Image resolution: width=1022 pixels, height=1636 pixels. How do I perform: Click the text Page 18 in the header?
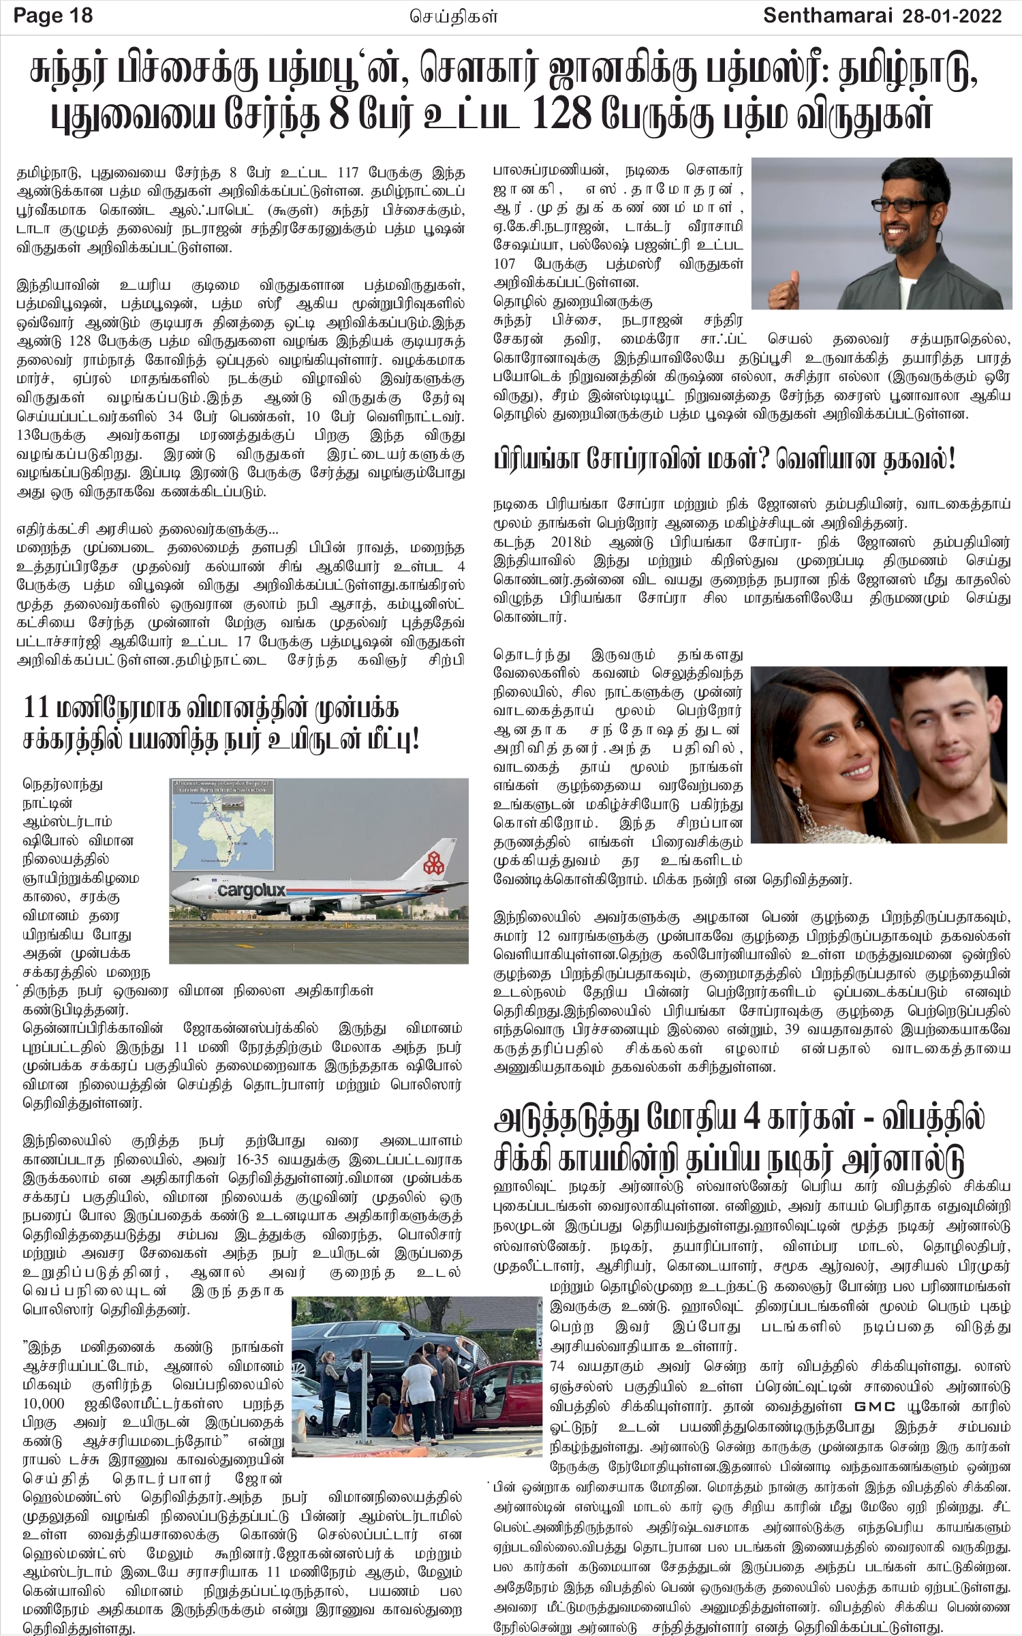pyautogui.click(x=53, y=15)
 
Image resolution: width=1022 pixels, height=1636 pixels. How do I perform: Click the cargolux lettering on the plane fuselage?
pyautogui.click(x=251, y=890)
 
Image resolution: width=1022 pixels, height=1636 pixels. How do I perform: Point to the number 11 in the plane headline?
pyautogui.click(x=37, y=707)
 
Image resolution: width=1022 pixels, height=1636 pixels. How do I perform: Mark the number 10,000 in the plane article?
pyautogui.click(x=44, y=1404)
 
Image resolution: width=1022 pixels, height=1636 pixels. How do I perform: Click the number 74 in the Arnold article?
pyautogui.click(x=559, y=1348)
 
